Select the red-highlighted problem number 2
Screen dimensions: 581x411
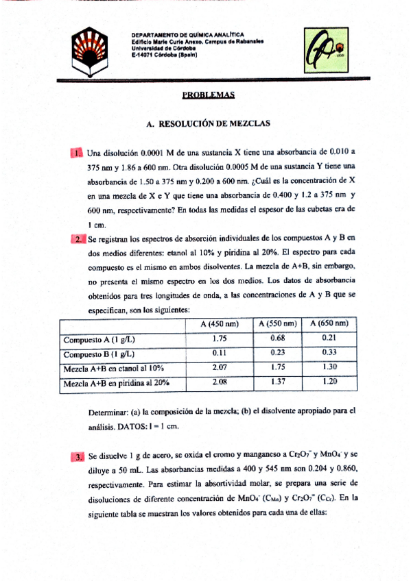(x=78, y=239)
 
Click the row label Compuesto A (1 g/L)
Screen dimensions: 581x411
(x=98, y=338)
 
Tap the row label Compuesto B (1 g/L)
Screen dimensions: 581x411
(x=98, y=354)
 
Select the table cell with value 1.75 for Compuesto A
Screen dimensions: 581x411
(x=220, y=338)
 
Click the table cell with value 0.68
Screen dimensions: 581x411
(x=278, y=338)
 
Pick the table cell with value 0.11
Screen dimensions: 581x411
(x=220, y=354)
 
